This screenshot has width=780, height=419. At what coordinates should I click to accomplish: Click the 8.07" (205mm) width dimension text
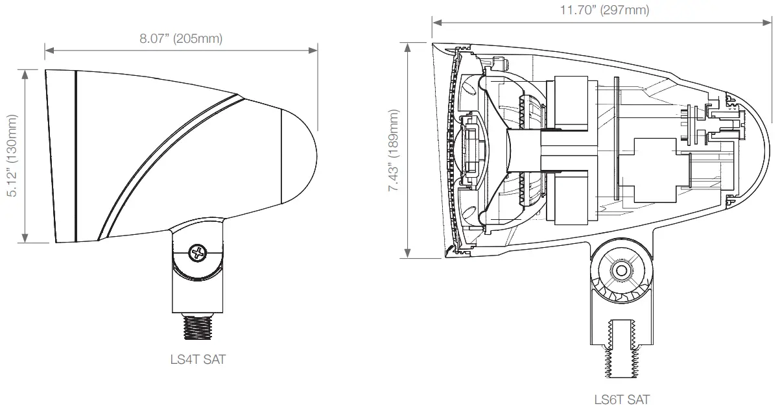coord(181,38)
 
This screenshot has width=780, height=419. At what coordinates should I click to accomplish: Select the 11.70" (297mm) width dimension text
coord(604,10)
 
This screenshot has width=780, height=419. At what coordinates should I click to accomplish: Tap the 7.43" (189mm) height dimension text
coord(394,150)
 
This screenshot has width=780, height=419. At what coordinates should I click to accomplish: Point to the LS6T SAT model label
coord(621,400)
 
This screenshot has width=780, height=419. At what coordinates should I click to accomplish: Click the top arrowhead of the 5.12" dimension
coord(25,73)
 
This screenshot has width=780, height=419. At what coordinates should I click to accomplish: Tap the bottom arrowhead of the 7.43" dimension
coord(407,254)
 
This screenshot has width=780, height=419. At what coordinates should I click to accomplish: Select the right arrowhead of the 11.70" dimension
coord(769,23)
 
